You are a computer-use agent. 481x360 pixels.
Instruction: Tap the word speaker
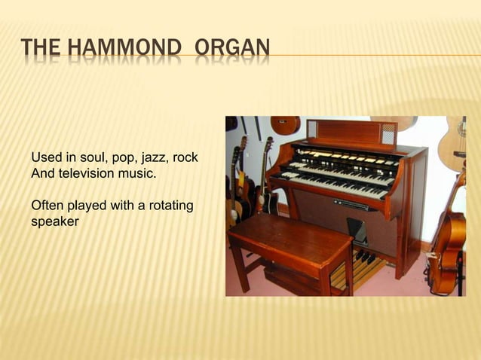point(54,221)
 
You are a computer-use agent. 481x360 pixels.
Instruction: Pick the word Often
point(47,206)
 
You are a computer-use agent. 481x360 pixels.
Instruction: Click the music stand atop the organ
point(351,132)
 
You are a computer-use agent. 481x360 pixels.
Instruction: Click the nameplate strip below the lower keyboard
point(351,204)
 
